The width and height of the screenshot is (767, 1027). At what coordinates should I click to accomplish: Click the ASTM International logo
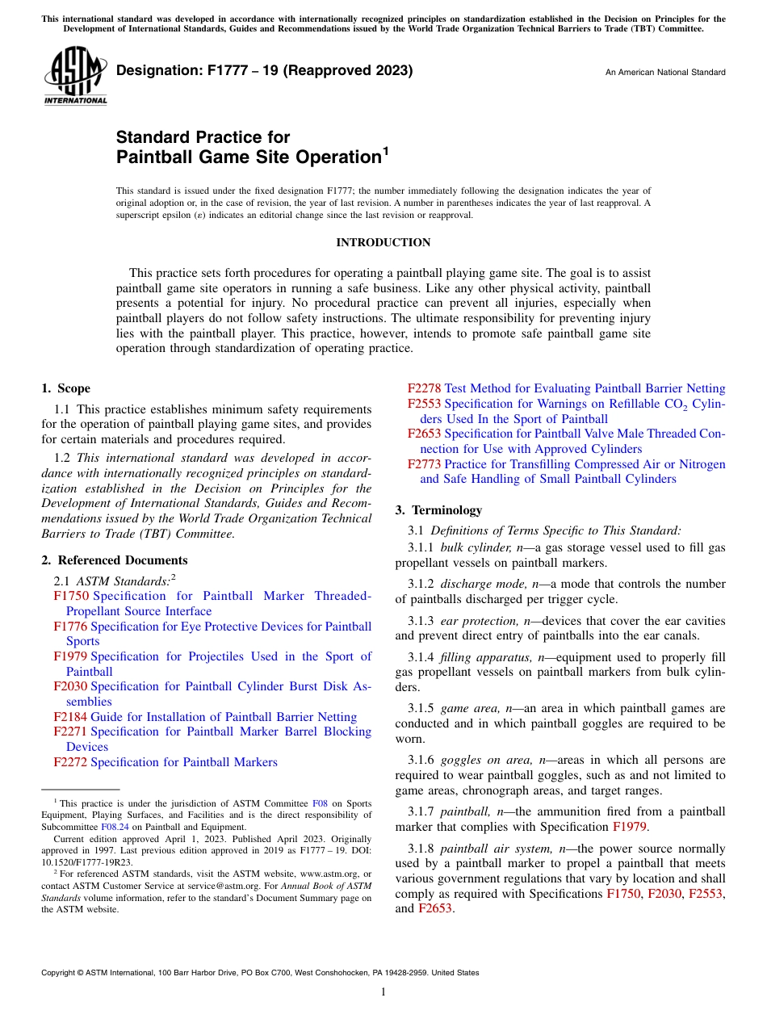[75, 76]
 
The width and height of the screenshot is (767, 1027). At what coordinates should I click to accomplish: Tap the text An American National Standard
[664, 73]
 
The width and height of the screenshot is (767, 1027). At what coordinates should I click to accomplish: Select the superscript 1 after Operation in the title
[385, 150]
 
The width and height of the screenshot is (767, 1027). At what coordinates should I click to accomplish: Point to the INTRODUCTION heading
[383, 243]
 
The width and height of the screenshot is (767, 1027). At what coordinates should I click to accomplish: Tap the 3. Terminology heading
[438, 510]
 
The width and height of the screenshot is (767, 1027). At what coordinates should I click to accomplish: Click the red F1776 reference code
[70, 627]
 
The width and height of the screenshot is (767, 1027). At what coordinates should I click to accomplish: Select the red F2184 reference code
[70, 717]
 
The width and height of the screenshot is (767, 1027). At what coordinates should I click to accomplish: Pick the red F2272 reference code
[70, 762]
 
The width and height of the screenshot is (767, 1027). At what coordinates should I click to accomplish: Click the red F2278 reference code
[424, 388]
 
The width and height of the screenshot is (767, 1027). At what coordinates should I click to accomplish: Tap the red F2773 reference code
[424, 464]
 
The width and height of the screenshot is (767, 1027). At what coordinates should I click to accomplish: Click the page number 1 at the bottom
[383, 992]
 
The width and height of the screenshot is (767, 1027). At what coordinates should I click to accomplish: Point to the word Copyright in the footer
[60, 973]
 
